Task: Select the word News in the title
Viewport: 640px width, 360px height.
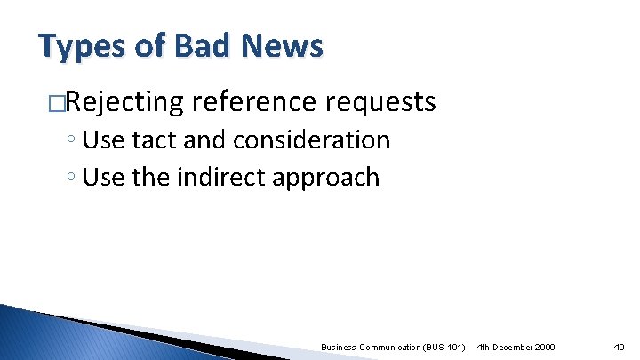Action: point(285,45)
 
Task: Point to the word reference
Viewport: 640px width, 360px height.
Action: point(256,103)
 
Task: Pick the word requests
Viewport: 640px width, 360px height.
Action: point(380,103)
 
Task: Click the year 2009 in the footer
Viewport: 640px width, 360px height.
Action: point(545,346)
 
